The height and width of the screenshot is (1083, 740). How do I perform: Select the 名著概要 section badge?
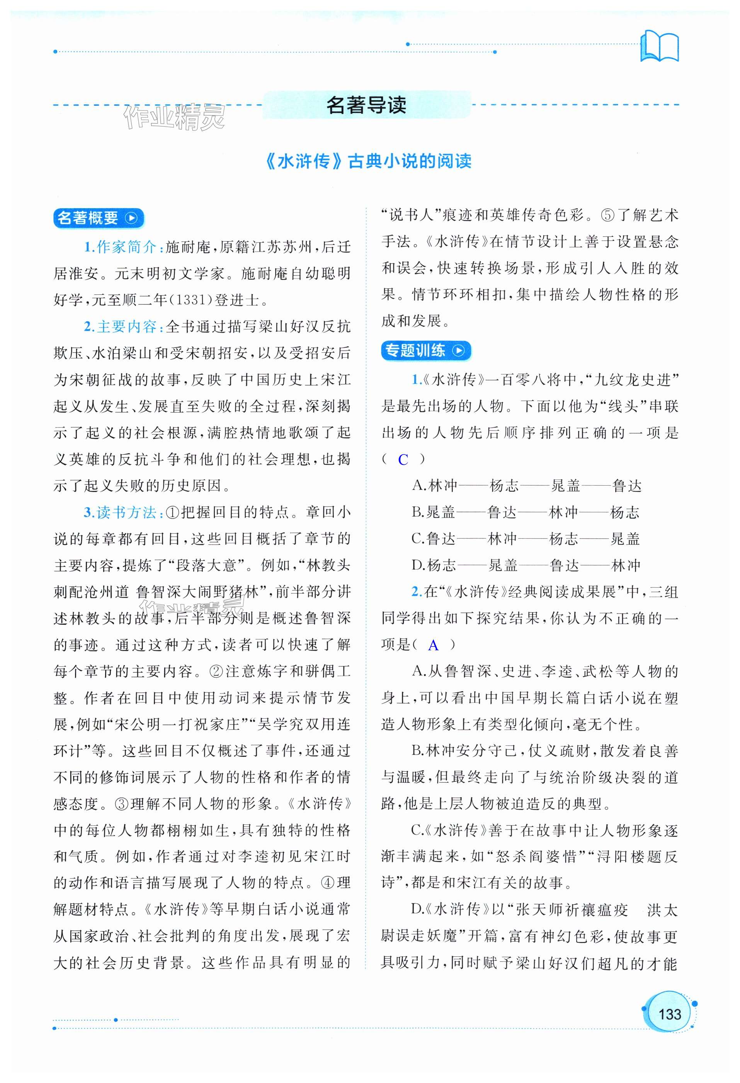pos(98,218)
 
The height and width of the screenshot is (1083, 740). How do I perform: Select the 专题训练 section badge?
pos(425,350)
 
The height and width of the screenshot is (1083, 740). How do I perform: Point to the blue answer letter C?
pos(403,460)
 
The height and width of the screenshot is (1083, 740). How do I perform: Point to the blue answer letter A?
pos(433,645)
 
